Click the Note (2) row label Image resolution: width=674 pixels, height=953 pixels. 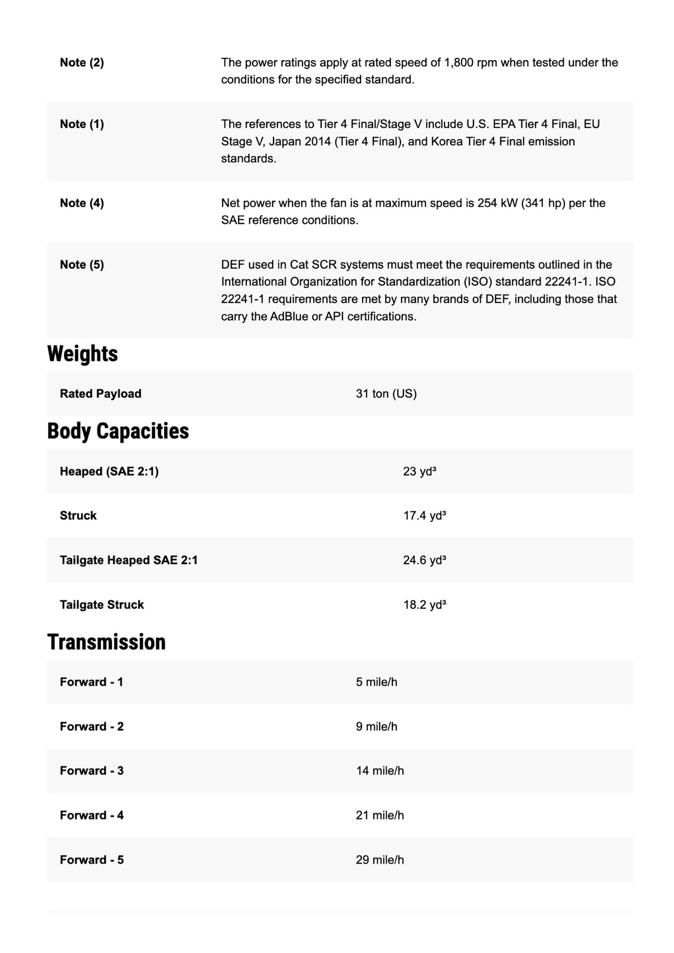coord(82,63)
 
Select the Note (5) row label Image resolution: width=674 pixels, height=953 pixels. coord(82,264)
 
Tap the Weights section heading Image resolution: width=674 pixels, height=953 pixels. coord(83,354)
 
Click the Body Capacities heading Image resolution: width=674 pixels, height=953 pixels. coord(118,431)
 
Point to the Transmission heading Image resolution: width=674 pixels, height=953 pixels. coord(106,642)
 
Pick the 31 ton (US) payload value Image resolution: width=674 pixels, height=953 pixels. coord(386,394)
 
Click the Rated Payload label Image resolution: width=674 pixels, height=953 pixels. coord(100,394)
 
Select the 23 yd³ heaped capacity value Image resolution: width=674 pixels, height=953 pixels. coord(419,471)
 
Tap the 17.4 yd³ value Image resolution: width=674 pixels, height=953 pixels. coord(424,515)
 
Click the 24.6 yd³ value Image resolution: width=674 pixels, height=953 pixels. coord(424,560)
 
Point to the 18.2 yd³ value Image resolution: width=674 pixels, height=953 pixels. coord(424,605)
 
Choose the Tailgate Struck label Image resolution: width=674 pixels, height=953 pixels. coord(102,605)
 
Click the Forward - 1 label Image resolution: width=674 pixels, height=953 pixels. coord(91,682)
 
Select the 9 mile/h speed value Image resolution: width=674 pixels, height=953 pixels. coord(376,726)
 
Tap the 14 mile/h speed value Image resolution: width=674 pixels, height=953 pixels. coord(380,771)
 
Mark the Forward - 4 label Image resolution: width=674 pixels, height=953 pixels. coord(91,815)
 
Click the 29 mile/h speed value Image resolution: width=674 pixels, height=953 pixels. coord(380,860)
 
